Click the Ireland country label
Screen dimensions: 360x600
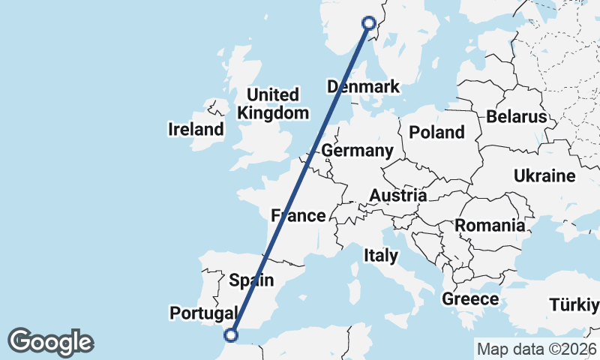point(196,129)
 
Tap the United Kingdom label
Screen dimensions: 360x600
point(273,104)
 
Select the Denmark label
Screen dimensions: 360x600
point(364,87)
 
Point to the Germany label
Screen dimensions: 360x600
point(358,151)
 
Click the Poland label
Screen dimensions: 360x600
point(437,133)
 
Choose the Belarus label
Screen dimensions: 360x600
point(517,117)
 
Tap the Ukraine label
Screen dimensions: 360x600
point(544,176)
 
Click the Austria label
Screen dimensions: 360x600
point(397,196)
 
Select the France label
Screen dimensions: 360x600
point(298,216)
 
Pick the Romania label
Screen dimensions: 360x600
point(490,225)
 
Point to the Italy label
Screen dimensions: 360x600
point(381,255)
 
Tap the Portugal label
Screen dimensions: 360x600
point(204,312)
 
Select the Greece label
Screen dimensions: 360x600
point(470,299)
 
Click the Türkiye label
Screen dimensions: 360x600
point(574,305)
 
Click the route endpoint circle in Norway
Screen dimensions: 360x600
point(369,23)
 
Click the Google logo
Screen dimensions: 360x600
point(50,342)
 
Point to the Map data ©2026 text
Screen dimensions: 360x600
point(536,349)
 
